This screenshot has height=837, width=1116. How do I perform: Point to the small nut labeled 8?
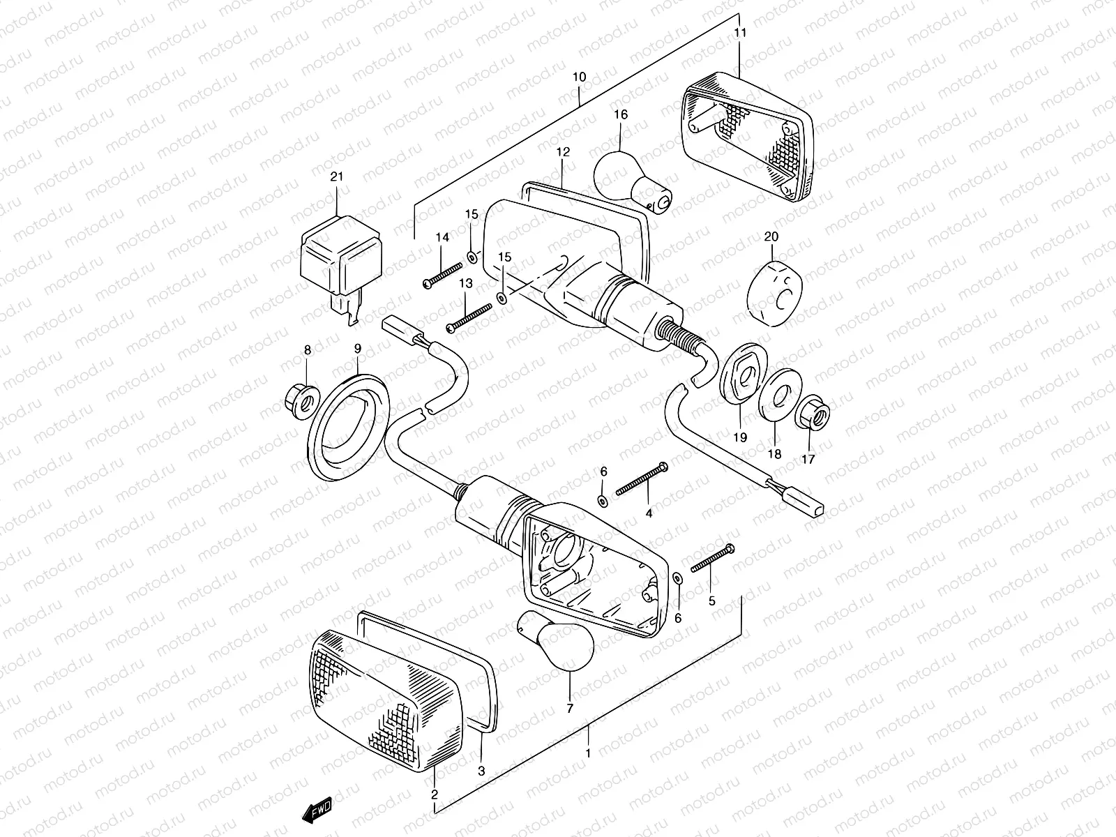pos(301,399)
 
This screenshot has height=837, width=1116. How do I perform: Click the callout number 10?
pos(580,77)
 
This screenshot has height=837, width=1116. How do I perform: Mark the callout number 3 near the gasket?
pos(481,771)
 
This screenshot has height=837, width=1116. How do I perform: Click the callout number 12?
pos(563,151)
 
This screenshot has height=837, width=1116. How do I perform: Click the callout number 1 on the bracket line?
pos(588,754)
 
